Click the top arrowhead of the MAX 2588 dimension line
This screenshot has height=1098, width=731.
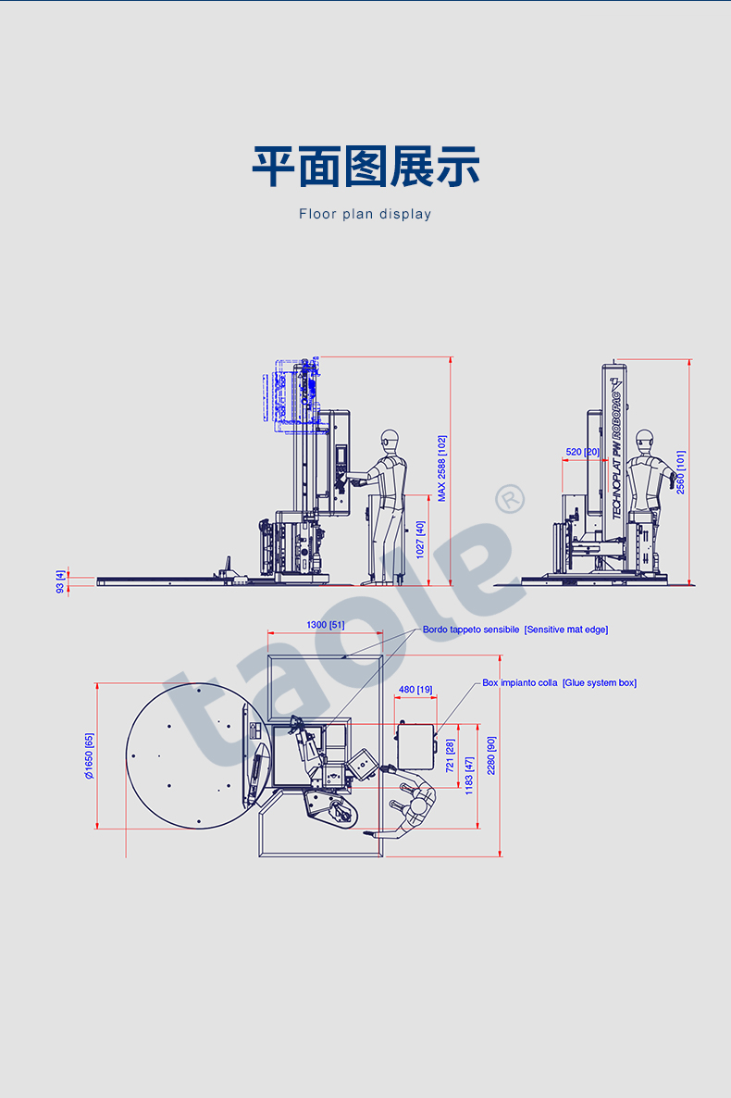pos(451,358)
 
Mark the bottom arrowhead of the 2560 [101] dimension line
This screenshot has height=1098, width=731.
pos(689,582)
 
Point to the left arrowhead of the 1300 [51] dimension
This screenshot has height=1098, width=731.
pos(269,633)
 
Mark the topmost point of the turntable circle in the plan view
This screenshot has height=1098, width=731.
pos(198,683)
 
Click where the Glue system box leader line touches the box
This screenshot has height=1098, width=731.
pos(436,734)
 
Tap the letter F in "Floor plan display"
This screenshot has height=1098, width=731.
pos(303,214)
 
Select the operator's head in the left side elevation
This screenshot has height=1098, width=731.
pos(390,442)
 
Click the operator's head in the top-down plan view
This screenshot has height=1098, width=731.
pos(418,807)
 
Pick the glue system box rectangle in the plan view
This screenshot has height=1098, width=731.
pos(415,746)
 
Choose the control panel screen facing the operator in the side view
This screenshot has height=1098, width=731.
pos(341,455)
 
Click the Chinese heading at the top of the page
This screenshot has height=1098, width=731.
pos(365,167)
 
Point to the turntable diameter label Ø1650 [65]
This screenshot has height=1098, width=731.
pos(89,756)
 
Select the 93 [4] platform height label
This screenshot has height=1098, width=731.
pos(60,581)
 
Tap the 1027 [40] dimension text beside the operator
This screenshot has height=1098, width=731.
pos(420,539)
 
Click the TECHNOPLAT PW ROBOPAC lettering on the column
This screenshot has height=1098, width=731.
pos(616,455)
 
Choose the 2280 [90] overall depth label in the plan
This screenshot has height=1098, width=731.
pos(490,755)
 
